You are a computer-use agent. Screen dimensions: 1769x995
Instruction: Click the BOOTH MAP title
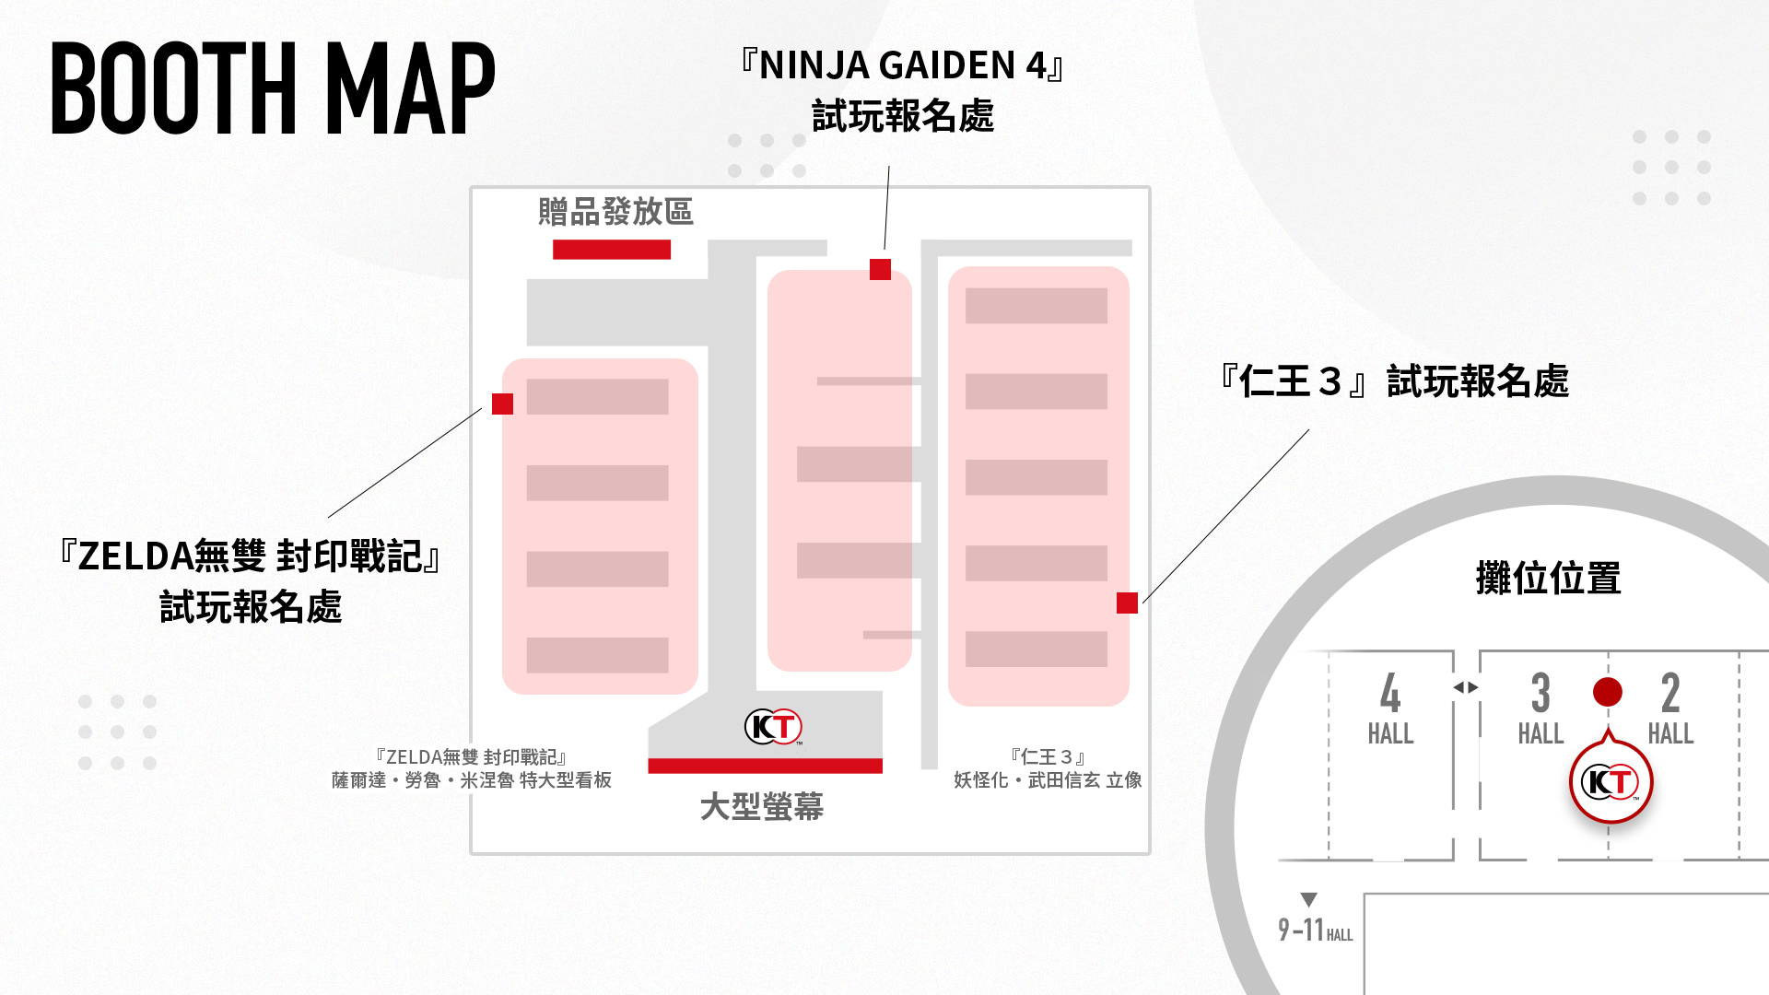pyautogui.click(x=273, y=88)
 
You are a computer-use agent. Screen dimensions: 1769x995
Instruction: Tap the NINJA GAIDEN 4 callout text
pyautogui.click(x=903, y=91)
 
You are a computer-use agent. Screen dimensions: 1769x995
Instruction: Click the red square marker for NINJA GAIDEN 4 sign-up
pyautogui.click(x=880, y=269)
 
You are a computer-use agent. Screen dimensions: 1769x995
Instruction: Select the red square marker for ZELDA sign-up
pyautogui.click(x=502, y=404)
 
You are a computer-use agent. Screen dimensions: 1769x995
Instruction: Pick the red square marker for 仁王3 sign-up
pyautogui.click(x=1127, y=603)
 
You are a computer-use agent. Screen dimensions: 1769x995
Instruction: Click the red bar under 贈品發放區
pyautogui.click(x=612, y=250)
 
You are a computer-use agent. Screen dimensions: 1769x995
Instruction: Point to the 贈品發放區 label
pyautogui.click(x=615, y=212)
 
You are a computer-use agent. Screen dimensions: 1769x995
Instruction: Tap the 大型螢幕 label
pyautogui.click(x=762, y=806)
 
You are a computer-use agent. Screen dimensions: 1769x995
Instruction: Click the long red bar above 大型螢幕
pyautogui.click(x=765, y=766)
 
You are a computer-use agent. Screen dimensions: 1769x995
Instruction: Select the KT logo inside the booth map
pyautogui.click(x=773, y=727)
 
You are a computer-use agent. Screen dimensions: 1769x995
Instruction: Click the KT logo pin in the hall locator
pyautogui.click(x=1611, y=781)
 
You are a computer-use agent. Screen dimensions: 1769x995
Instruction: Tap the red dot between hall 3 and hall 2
pyautogui.click(x=1608, y=692)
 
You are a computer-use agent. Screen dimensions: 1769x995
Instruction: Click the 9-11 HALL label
pyautogui.click(x=1315, y=930)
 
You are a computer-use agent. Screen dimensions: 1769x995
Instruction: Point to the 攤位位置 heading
pyautogui.click(x=1548, y=578)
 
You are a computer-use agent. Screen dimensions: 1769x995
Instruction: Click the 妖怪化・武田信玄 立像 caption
pyautogui.click(x=1048, y=780)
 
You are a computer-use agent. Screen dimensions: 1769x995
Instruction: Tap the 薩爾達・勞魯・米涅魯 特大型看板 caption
pyautogui.click(x=472, y=780)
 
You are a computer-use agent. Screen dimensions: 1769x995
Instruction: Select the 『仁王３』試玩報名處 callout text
pyautogui.click(x=1393, y=381)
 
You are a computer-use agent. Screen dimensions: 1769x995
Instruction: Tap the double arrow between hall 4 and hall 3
pyautogui.click(x=1466, y=687)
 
